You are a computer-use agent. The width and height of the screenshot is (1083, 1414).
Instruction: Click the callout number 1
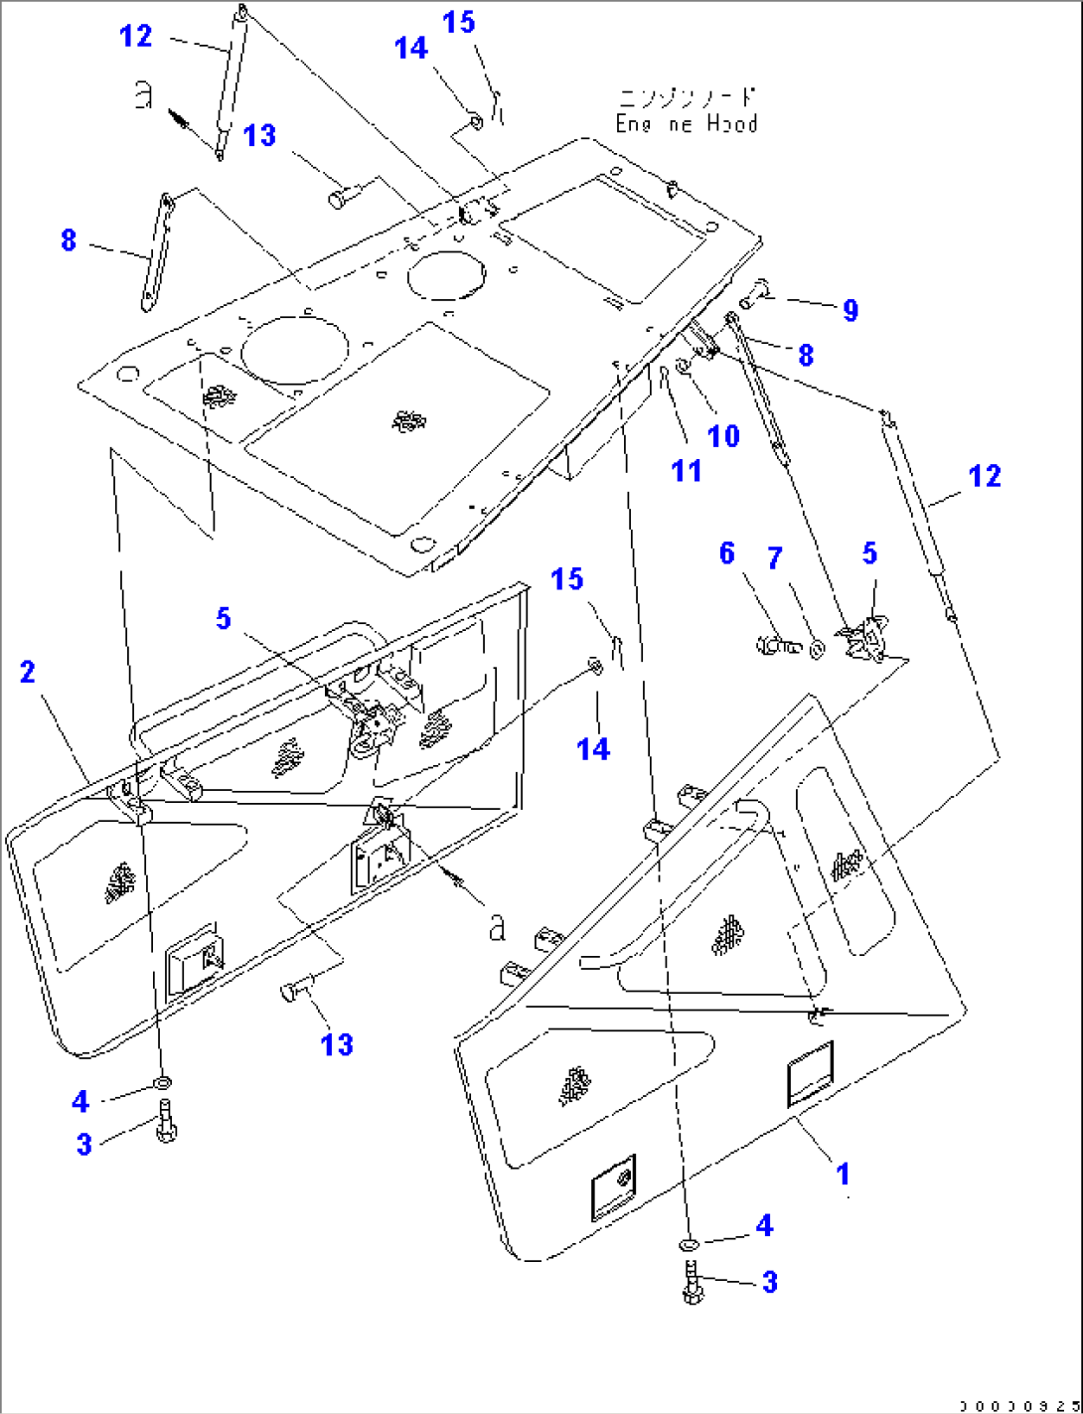[x=843, y=1175]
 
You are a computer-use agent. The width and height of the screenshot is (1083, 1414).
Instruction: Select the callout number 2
[x=28, y=673]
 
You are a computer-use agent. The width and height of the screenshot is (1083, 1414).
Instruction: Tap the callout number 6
[x=727, y=553]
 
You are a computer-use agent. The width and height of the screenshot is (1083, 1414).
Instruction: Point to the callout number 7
[x=775, y=558]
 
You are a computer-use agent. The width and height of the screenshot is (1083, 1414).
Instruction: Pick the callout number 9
[x=851, y=310]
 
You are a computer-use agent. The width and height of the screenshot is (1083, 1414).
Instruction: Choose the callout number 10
[x=723, y=435]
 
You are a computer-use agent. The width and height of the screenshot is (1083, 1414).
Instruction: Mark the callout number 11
[x=687, y=470]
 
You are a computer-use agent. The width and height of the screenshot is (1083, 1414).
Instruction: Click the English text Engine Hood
[x=687, y=124]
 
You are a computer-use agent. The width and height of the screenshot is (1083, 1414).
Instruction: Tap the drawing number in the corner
[x=1017, y=1406]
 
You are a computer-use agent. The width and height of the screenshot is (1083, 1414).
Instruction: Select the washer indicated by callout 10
[x=684, y=369]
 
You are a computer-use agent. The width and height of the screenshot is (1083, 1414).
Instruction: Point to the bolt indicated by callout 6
[x=778, y=646]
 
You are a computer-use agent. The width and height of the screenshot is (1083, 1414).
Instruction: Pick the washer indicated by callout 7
[x=818, y=649]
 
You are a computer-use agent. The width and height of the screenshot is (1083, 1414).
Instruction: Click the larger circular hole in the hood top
[x=295, y=353]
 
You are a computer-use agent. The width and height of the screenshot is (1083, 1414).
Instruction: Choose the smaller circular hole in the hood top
[x=446, y=274]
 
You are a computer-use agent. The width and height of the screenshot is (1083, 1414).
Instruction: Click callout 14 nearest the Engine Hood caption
[x=410, y=48]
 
